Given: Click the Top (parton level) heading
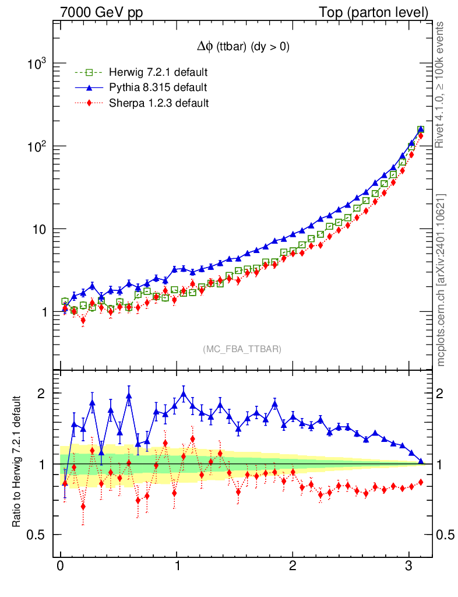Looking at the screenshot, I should (381, 12).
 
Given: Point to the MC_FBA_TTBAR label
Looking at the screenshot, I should (242, 349).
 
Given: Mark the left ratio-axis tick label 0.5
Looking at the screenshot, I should (38, 535).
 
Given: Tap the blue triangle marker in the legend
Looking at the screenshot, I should (89, 88).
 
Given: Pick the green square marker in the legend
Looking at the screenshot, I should (89, 73).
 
